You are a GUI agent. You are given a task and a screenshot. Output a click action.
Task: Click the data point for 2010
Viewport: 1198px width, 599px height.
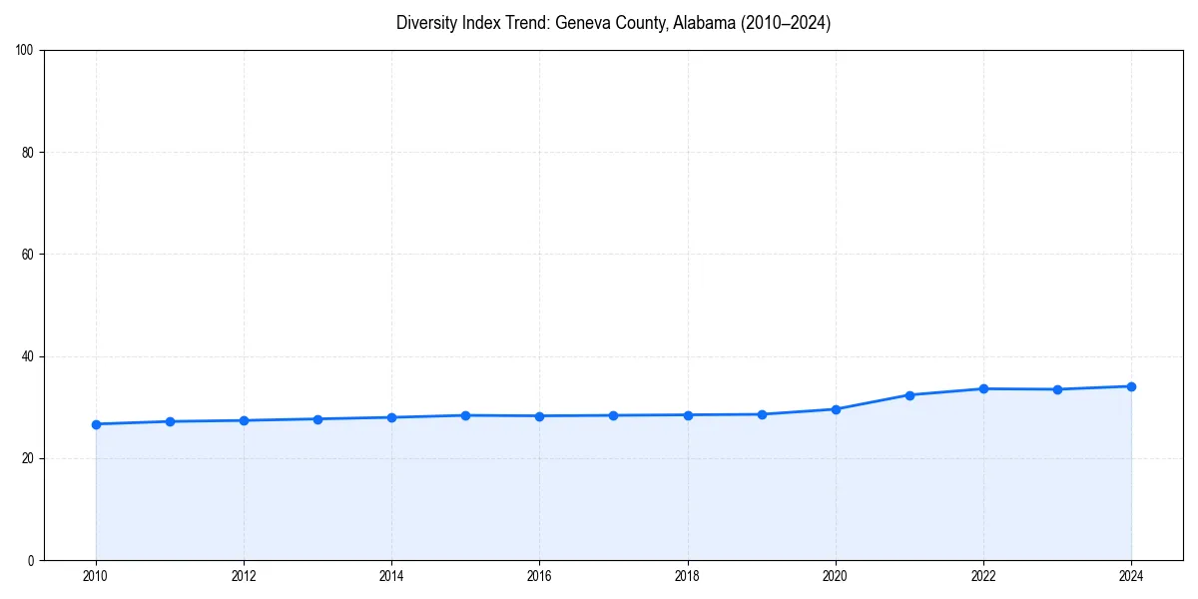tap(96, 424)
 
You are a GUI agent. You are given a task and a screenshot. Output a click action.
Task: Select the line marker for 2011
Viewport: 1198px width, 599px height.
tap(170, 421)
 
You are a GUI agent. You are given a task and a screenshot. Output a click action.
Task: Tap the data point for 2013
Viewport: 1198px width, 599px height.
tap(317, 419)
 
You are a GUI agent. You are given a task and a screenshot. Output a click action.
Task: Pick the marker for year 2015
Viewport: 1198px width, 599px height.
tap(465, 415)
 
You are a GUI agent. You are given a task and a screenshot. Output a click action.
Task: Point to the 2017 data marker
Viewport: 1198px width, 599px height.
tap(613, 415)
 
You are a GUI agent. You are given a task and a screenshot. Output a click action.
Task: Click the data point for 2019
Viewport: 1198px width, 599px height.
tap(762, 414)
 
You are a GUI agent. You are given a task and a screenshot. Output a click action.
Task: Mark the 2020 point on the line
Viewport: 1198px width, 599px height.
tap(836, 409)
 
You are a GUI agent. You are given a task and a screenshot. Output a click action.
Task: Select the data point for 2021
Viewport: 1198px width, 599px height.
tap(909, 395)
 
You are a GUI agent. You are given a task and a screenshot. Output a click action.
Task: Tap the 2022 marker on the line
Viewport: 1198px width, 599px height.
tap(983, 388)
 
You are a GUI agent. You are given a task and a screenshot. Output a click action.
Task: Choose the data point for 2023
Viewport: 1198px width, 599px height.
tap(1057, 389)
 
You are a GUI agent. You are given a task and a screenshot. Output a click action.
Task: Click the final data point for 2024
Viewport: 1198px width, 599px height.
tap(1131, 386)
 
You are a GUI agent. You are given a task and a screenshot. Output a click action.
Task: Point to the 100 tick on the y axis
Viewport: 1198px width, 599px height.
tap(26, 51)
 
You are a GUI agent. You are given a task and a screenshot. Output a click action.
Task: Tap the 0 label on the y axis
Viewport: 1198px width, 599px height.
tap(32, 560)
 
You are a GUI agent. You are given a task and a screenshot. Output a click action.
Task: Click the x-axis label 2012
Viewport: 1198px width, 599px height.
tap(244, 576)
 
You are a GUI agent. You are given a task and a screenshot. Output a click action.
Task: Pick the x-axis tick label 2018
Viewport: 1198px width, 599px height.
tap(687, 576)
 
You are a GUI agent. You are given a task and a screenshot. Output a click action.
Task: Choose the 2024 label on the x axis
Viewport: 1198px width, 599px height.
tap(1131, 576)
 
